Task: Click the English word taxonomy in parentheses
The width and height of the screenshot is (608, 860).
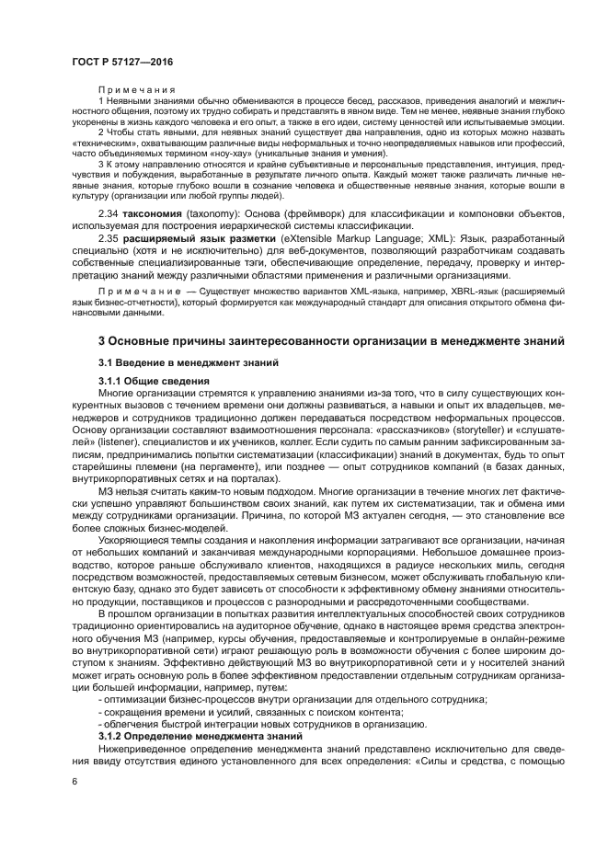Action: tap(215, 213)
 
